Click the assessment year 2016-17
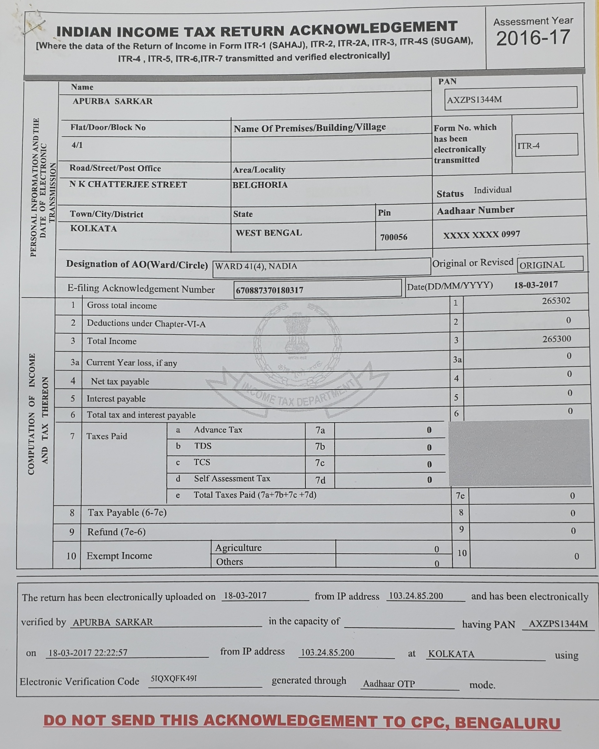(x=533, y=38)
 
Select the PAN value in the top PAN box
(x=474, y=100)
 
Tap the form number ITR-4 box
(x=546, y=145)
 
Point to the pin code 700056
(x=393, y=237)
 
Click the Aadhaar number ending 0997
(x=481, y=235)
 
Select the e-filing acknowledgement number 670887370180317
(x=269, y=290)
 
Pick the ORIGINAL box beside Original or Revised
(x=550, y=265)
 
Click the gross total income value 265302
(x=556, y=300)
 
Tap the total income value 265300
(x=556, y=339)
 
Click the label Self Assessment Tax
(x=232, y=479)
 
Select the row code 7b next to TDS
(x=320, y=446)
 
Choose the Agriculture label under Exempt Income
(x=238, y=548)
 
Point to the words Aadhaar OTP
(x=389, y=684)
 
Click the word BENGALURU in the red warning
(x=507, y=722)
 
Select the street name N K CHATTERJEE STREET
(x=128, y=184)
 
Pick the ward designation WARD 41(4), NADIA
(x=256, y=266)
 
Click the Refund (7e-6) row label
(x=116, y=532)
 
